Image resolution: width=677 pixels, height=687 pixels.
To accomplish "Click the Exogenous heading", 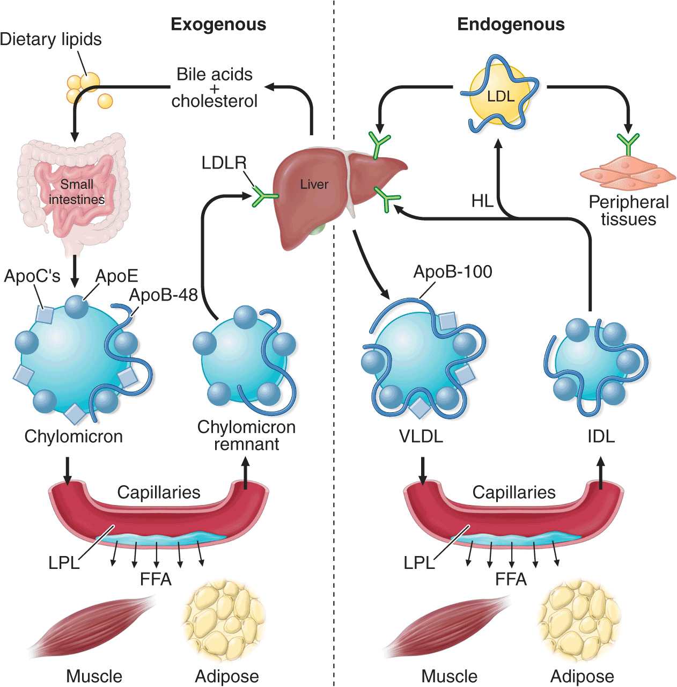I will (x=218, y=25).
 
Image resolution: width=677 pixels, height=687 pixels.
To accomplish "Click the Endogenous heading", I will (x=510, y=25).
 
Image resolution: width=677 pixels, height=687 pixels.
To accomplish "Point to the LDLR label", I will (x=224, y=163).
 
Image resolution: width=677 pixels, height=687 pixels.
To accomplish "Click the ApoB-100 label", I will (x=452, y=272).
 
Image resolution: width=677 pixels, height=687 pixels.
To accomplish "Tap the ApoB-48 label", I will (x=164, y=295).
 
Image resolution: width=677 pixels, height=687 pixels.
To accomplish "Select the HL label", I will (x=482, y=201).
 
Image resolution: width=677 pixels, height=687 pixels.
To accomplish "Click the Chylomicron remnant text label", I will (x=246, y=435).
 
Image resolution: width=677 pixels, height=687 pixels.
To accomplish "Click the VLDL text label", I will (x=421, y=436).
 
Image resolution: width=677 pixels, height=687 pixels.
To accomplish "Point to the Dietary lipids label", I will (x=50, y=39).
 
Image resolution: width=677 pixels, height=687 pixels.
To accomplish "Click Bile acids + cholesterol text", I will (x=214, y=87).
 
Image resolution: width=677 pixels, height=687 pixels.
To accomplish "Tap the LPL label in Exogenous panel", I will (x=63, y=563).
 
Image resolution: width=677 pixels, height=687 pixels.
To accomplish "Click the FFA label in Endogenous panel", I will (x=511, y=579).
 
